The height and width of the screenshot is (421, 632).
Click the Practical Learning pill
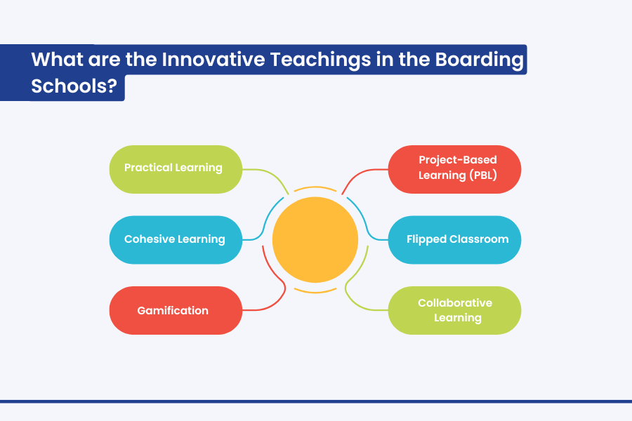click(176, 169)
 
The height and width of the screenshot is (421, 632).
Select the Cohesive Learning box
click(176, 240)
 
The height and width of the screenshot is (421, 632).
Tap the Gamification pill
click(176, 310)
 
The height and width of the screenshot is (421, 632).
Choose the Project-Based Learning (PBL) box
click(454, 169)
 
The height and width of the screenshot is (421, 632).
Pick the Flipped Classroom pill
click(454, 240)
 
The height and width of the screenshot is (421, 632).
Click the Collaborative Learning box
click(454, 310)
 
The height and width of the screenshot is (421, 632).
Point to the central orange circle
click(315, 240)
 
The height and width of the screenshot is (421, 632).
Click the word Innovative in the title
click(213, 59)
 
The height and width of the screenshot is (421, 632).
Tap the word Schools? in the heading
click(74, 86)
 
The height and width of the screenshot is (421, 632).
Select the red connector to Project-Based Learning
click(359, 176)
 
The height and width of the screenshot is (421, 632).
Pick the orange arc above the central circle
click(315, 187)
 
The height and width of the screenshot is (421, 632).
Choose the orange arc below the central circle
click(315, 292)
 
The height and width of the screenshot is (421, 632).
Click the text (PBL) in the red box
click(483, 175)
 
